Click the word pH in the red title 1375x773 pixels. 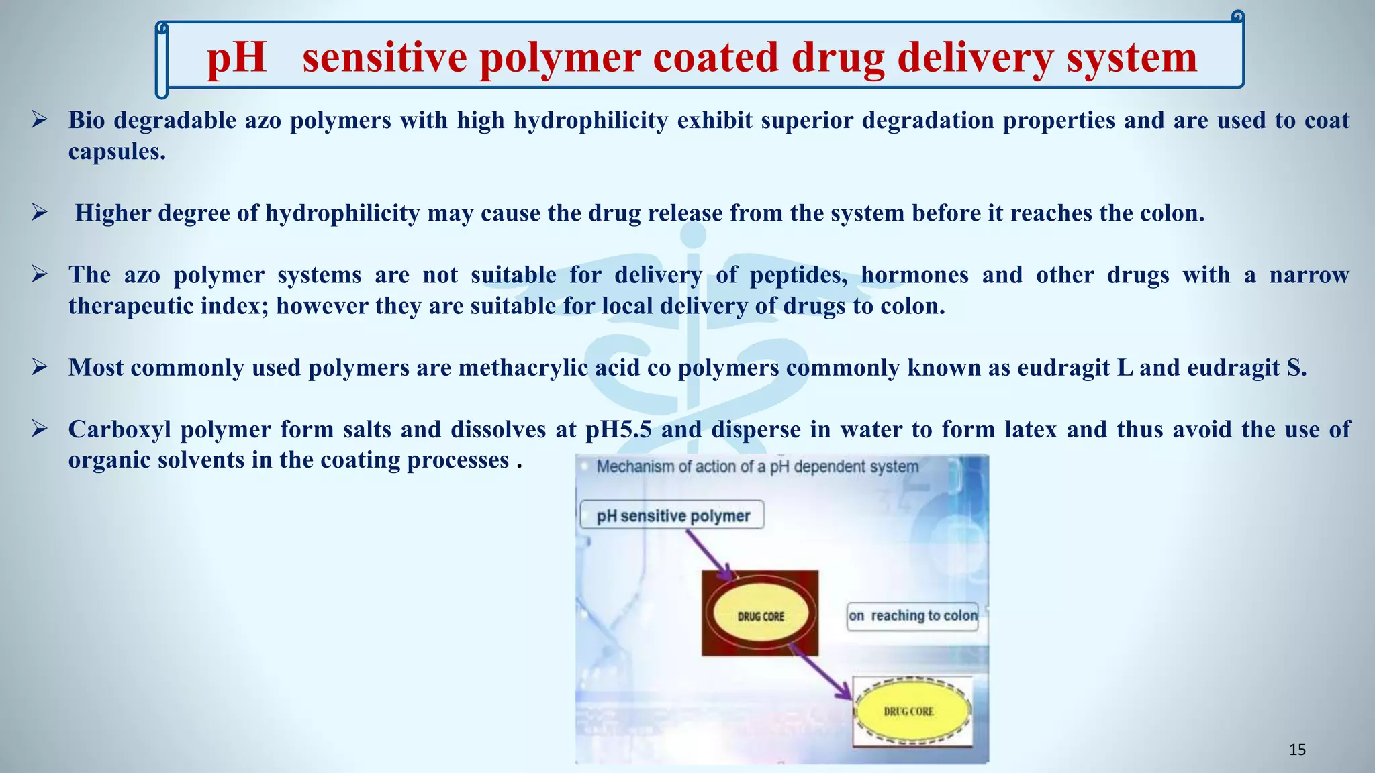point(236,58)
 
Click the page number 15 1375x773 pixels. point(1297,750)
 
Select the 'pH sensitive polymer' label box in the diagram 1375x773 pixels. point(672,515)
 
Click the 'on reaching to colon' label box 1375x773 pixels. point(912,616)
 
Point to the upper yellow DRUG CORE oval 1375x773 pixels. point(761,616)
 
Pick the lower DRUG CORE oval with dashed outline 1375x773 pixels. point(911,711)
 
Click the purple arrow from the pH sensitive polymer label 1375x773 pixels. point(710,555)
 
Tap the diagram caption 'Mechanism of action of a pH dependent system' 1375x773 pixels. point(757,467)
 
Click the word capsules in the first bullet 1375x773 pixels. point(117,152)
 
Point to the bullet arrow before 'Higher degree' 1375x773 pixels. point(39,213)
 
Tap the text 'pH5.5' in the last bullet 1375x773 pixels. point(618,429)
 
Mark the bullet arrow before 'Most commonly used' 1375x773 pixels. point(39,368)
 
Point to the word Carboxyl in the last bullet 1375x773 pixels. point(120,429)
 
